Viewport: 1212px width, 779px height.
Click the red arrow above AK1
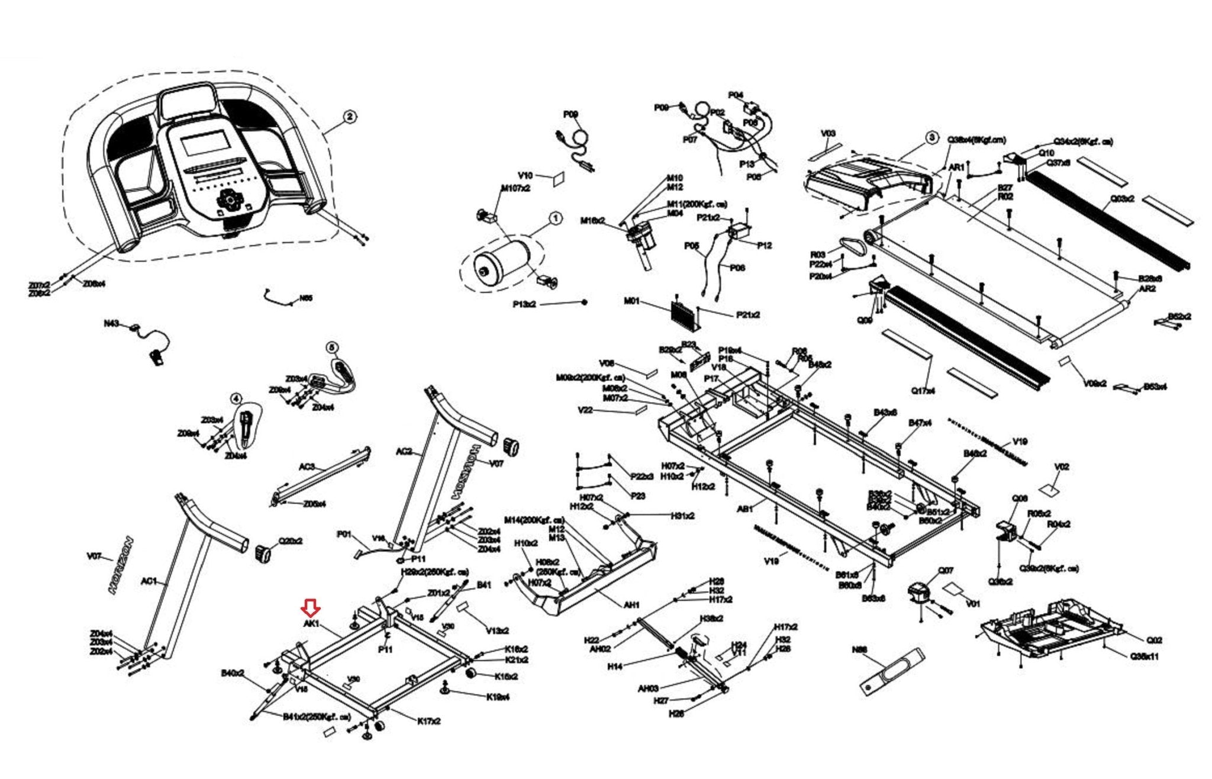click(311, 607)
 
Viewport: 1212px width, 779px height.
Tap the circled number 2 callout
click(350, 117)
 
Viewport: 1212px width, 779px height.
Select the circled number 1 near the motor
click(555, 219)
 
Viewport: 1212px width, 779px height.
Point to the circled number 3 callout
click(931, 138)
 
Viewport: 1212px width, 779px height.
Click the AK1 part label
click(311, 623)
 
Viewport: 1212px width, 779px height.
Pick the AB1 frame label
click(744, 508)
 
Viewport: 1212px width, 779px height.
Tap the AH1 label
click(631, 605)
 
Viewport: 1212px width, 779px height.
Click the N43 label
click(111, 323)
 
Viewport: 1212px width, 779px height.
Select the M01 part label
click(632, 301)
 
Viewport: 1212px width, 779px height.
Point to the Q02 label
click(1154, 640)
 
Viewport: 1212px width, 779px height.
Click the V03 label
click(828, 134)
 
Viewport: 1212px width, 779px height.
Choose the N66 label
click(859, 649)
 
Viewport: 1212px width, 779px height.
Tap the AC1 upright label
click(149, 581)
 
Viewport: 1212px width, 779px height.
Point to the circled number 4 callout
click(236, 399)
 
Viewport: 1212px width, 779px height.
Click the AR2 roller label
click(1147, 289)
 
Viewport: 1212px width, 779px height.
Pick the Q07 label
click(946, 571)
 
